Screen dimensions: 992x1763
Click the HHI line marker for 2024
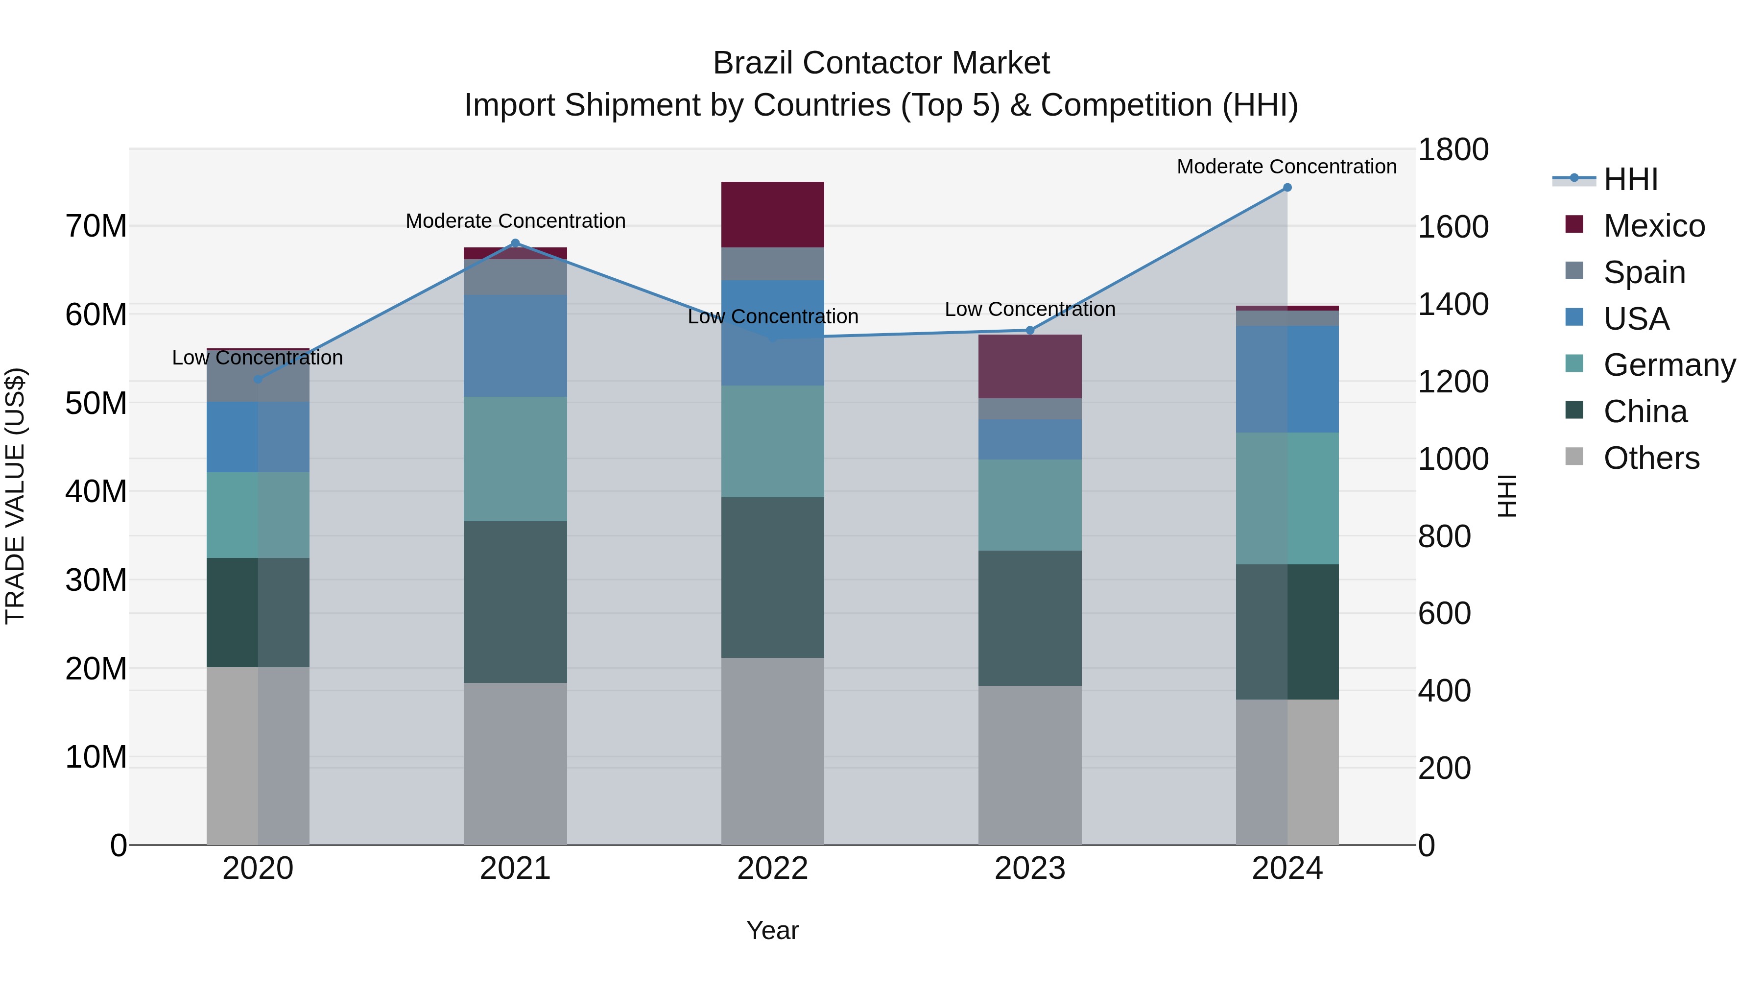pos(1287,187)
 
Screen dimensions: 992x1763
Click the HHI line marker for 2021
pos(515,243)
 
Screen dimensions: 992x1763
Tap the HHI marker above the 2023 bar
pos(1030,330)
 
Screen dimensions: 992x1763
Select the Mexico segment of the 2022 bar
pos(773,214)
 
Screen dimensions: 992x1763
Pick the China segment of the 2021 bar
pos(515,602)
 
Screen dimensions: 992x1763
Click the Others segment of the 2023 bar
pos(1030,765)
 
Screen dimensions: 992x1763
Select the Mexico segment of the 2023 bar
pos(1030,366)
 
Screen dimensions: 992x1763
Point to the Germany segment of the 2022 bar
pos(773,441)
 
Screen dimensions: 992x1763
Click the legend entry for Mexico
pos(1653,226)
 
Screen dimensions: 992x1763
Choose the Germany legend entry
pos(1668,365)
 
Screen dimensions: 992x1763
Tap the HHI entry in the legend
pos(1629,179)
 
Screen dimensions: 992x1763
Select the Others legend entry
pos(1651,458)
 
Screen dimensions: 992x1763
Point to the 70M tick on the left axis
pos(96,226)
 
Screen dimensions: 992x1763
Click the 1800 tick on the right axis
pos(1453,149)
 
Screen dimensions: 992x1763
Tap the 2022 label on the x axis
pos(773,869)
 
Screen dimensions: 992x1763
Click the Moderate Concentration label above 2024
pos(1287,167)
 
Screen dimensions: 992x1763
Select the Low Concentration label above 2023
pos(1030,310)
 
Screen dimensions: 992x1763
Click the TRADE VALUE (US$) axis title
pos(15,496)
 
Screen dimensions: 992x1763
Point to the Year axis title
pos(773,930)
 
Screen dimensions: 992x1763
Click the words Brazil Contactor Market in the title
pos(881,63)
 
